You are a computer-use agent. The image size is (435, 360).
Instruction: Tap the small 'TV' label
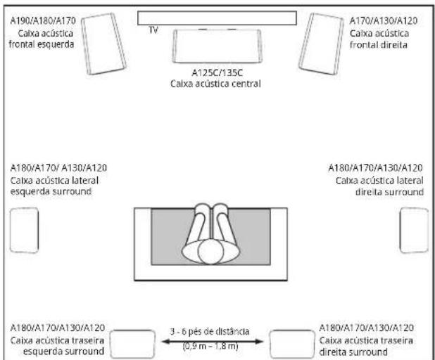[x=153, y=30]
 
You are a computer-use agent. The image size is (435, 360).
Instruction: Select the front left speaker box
[x=103, y=44]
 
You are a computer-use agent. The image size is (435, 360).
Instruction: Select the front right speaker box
[x=321, y=44]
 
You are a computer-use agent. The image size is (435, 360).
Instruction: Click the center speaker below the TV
[x=217, y=46]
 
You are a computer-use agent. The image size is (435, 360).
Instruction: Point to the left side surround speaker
[x=24, y=231]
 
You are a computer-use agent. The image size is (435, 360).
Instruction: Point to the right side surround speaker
[x=414, y=231]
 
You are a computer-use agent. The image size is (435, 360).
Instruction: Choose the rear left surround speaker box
[x=132, y=344]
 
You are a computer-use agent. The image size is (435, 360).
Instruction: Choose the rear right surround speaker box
[x=292, y=344]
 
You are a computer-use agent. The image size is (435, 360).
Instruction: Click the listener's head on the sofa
[x=210, y=252]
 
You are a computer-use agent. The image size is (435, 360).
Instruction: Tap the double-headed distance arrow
[x=213, y=342]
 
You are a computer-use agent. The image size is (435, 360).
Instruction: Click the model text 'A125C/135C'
[x=217, y=72]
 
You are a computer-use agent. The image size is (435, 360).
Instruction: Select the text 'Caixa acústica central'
[x=215, y=84]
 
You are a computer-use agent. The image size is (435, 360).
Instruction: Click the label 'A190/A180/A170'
[x=43, y=21]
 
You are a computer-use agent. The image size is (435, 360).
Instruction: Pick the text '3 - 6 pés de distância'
[x=210, y=331]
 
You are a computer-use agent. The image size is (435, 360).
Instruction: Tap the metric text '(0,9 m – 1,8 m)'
[x=210, y=346]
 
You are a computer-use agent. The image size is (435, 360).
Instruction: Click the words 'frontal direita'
[x=379, y=45]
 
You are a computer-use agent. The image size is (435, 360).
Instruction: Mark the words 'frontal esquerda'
[x=42, y=44]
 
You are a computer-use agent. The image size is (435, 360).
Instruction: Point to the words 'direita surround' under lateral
[x=389, y=192]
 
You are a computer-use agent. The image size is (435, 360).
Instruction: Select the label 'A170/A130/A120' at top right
[x=384, y=21]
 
